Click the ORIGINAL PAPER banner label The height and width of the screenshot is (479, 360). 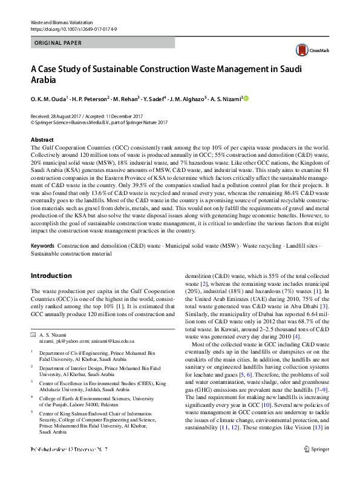pos(57,43)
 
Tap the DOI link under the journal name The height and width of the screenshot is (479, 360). pos(70,29)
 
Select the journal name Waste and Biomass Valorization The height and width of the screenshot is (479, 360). pos(62,22)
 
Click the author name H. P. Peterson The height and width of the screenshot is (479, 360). pos(94,99)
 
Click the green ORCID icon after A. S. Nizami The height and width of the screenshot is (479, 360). pos(246,98)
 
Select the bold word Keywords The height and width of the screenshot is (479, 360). pos(43,246)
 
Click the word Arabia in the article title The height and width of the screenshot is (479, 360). pos(42,79)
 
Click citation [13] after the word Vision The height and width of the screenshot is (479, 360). pos(316,444)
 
